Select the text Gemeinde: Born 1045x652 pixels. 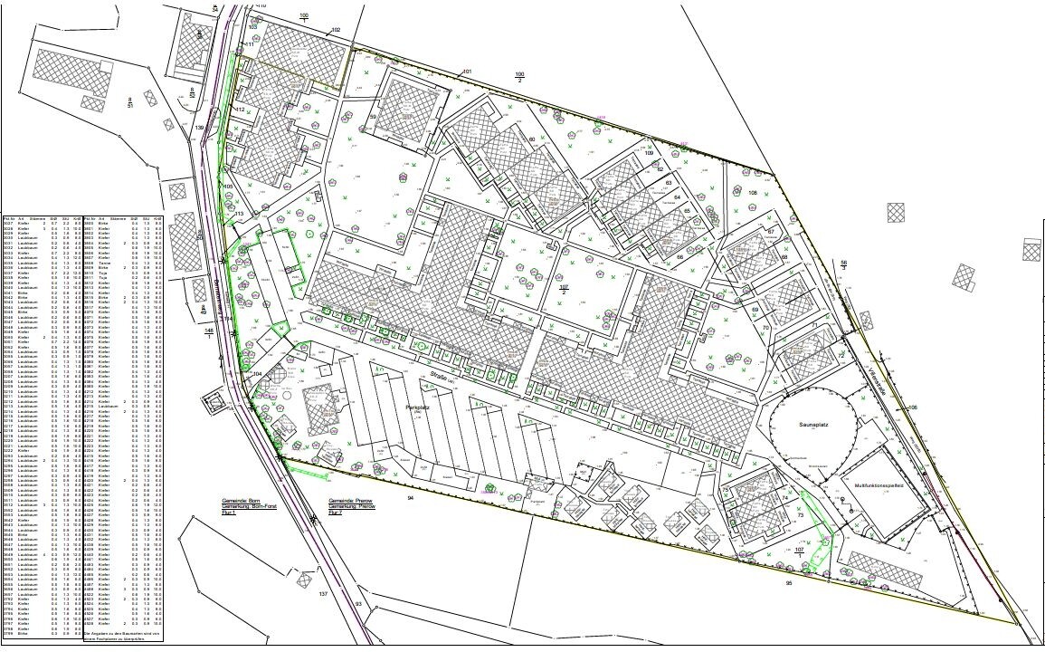click(x=242, y=500)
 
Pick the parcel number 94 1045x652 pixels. click(x=410, y=499)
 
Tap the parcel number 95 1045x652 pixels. click(x=788, y=582)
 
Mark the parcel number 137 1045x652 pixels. click(x=323, y=594)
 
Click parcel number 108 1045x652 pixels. click(x=753, y=192)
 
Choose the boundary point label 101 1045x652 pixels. click(x=467, y=72)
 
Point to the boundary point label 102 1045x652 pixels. click(x=336, y=30)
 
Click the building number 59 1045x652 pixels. click(x=372, y=117)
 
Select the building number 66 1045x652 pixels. click(x=679, y=257)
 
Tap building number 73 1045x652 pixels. click(x=802, y=514)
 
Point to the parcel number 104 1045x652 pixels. click(x=257, y=373)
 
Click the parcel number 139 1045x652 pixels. click(x=199, y=129)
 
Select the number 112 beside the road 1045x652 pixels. click(x=240, y=110)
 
